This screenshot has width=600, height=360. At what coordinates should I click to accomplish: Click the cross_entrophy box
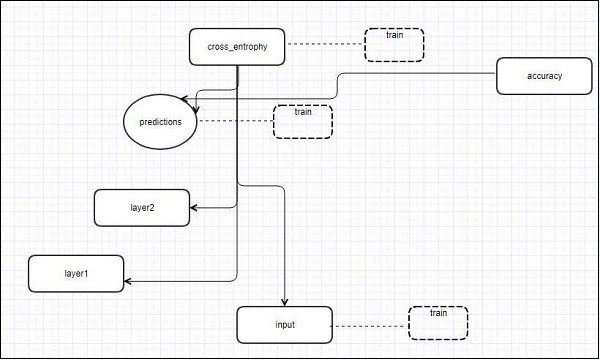pyautogui.click(x=237, y=46)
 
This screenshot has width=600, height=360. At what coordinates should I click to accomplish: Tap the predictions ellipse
pyautogui.click(x=161, y=122)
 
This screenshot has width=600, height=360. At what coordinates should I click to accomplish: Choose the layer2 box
pyautogui.click(x=141, y=207)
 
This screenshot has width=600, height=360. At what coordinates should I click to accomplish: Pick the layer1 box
pyautogui.click(x=76, y=272)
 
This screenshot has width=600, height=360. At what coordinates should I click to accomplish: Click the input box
pyautogui.click(x=284, y=325)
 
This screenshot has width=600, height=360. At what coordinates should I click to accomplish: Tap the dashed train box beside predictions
pyautogui.click(x=303, y=121)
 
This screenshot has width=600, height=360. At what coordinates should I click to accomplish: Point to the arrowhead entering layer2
pyautogui.click(x=193, y=208)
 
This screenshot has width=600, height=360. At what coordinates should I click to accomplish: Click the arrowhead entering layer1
pyautogui.click(x=129, y=282)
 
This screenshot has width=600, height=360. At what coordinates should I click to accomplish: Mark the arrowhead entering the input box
pyautogui.click(x=285, y=303)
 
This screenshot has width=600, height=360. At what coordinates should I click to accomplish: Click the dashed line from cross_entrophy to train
pyautogui.click(x=324, y=45)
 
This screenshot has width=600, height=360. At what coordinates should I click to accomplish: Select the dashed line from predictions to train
pyautogui.click(x=236, y=122)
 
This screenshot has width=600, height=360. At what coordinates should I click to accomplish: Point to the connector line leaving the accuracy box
pyautogui.click(x=420, y=71)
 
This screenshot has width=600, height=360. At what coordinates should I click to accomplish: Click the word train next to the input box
pyautogui.click(x=438, y=313)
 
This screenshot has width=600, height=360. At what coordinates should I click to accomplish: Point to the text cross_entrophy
pyautogui.click(x=237, y=46)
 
